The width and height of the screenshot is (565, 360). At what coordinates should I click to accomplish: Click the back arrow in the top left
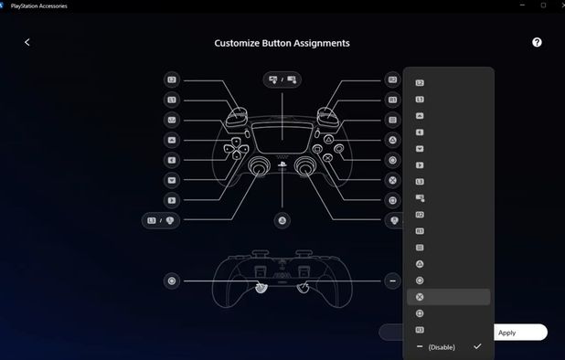(27, 42)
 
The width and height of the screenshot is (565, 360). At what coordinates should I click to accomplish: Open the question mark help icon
(537, 42)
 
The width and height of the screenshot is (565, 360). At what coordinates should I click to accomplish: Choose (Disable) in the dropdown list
(442, 347)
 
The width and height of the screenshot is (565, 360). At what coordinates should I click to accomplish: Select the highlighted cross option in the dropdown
(448, 297)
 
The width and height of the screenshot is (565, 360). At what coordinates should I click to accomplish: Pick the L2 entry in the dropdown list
(420, 83)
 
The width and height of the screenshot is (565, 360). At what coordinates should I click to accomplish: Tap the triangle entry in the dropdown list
(420, 264)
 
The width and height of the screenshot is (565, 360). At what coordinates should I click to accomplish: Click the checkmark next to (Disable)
(476, 346)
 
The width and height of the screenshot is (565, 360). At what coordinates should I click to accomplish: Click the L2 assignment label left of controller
(172, 79)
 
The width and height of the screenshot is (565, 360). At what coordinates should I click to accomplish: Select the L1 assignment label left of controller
(172, 99)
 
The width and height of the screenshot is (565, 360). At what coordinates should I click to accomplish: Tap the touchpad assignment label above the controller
(282, 79)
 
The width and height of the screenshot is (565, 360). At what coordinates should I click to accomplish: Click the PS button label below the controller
(282, 220)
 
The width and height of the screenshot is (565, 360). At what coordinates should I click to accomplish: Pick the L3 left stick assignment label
(161, 220)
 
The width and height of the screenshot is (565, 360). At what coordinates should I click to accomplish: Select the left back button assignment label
(172, 281)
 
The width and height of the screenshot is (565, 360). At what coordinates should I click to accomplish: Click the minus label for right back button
(392, 281)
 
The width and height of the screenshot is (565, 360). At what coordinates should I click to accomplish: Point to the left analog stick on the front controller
(261, 166)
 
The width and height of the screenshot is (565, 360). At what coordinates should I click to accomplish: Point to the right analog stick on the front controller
(304, 166)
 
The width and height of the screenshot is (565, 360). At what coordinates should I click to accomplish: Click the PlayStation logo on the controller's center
(282, 163)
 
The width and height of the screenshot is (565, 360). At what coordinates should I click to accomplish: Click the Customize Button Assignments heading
(282, 43)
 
